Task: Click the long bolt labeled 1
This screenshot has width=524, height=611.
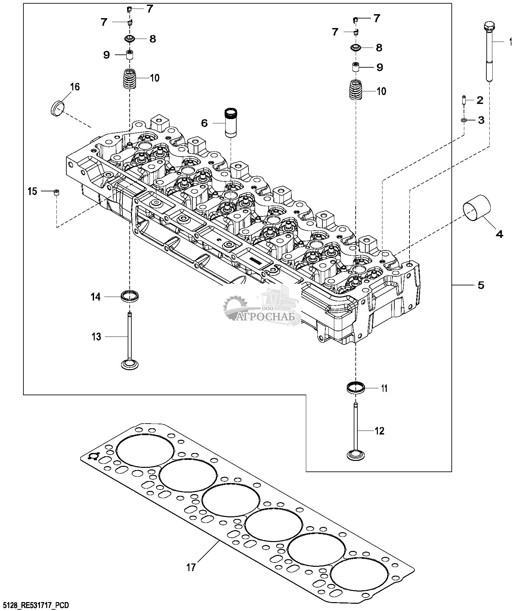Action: tap(489, 53)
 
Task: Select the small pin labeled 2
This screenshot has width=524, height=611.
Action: tap(464, 100)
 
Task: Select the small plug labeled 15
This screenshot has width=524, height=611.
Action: tap(56, 192)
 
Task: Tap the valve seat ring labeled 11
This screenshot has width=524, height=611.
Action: tap(356, 387)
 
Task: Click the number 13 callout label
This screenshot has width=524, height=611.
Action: tap(96, 337)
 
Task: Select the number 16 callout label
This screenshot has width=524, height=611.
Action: tap(75, 87)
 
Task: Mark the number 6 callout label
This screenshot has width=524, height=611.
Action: tap(205, 123)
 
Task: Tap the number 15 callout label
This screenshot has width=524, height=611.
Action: tap(32, 191)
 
